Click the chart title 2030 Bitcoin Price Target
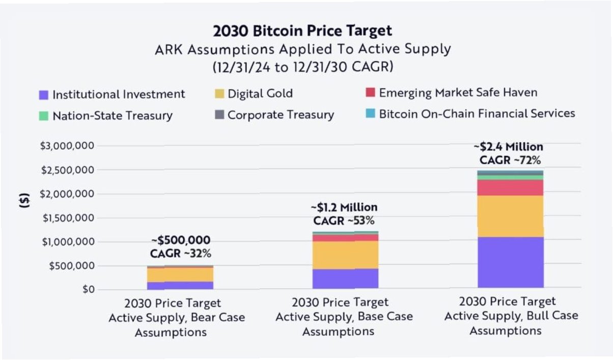tap(302, 31)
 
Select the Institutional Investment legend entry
tap(113, 94)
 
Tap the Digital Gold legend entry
tap(254, 94)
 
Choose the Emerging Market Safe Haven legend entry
tap(451, 93)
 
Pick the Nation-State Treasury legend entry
tap(106, 116)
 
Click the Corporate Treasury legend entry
tap(274, 115)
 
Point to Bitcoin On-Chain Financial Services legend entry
tap(470, 114)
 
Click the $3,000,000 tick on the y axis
tap(67, 146)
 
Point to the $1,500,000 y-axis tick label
tap(67, 218)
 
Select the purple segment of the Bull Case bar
tap(510, 262)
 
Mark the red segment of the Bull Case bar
tap(510, 187)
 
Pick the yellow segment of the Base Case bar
tap(345, 255)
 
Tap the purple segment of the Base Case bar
tap(345, 279)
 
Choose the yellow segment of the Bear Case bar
tap(180, 274)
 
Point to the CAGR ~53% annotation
tap(344, 220)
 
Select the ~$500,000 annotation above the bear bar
tap(180, 240)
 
